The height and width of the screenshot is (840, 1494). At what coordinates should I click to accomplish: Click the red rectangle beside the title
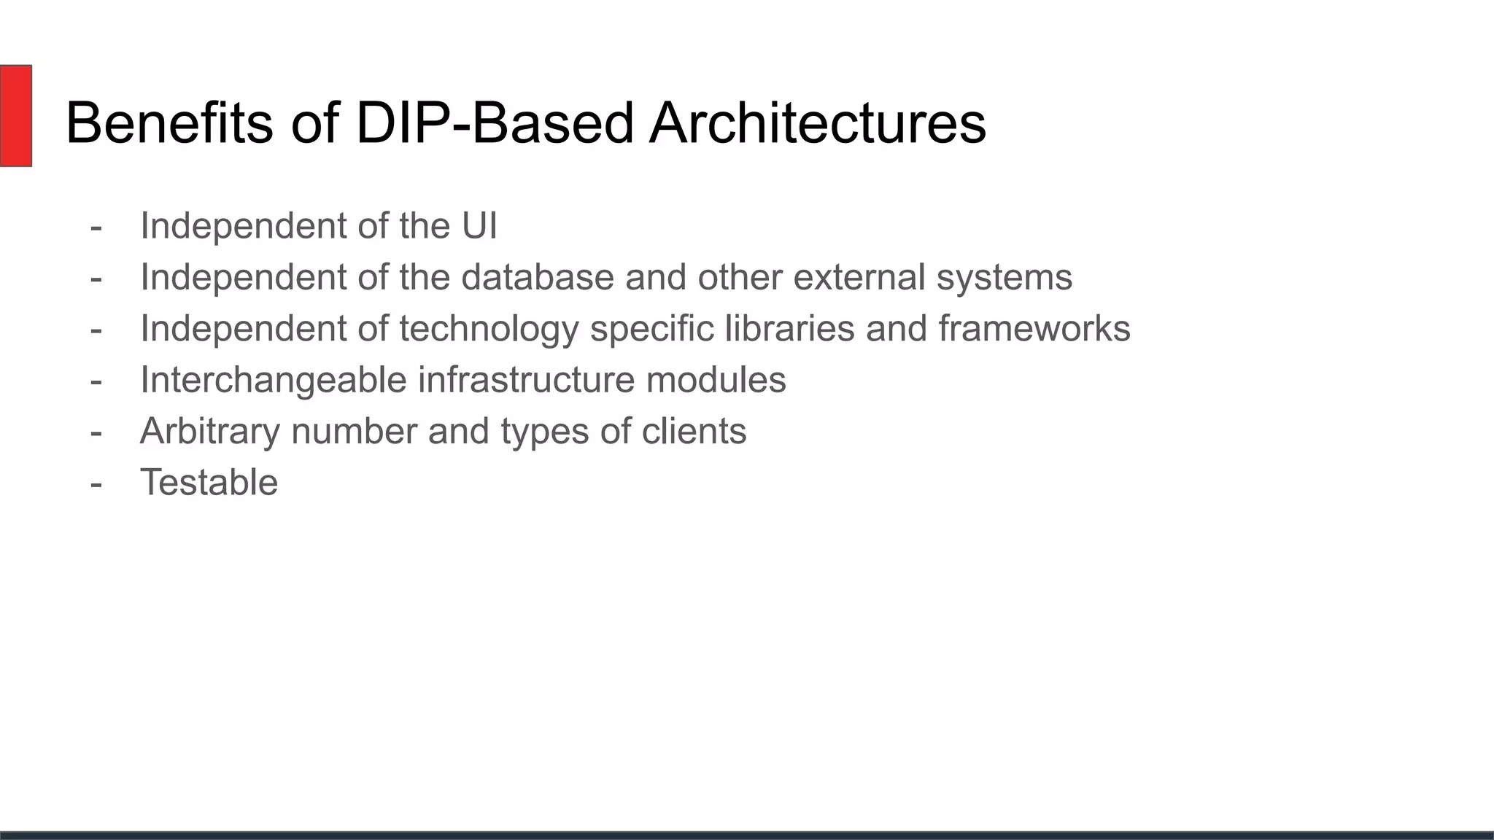15,115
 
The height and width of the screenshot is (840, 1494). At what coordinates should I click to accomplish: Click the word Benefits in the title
169,122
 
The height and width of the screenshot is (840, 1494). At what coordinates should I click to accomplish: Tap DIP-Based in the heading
495,122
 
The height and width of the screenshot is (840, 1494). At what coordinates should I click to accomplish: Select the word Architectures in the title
817,122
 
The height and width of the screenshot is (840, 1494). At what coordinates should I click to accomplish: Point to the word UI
479,225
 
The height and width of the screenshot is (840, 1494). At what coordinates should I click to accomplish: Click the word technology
489,329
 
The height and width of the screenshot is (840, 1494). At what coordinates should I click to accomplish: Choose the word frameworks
1034,329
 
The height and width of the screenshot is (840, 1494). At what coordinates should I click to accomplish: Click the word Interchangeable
273,380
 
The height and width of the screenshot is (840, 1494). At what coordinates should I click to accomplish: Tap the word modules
716,380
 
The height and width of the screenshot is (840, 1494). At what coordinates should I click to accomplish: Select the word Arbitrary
209,431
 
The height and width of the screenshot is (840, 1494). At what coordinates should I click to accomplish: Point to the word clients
694,431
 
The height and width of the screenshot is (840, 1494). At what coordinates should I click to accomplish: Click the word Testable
209,483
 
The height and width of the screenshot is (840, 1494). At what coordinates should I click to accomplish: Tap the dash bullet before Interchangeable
96,381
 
